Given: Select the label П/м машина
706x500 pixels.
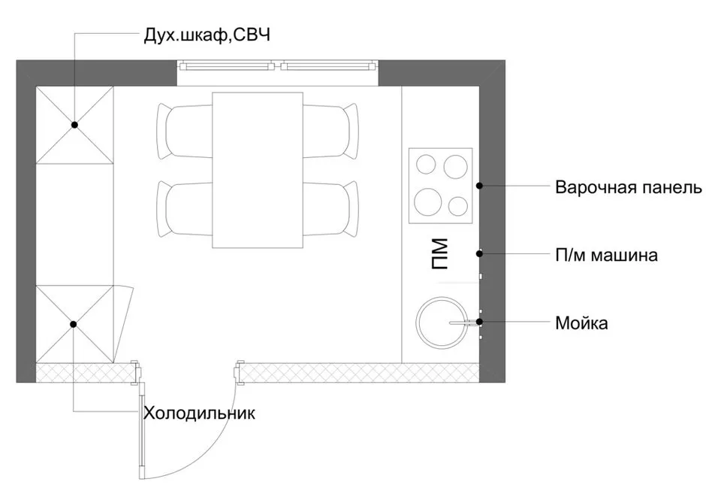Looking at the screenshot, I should pos(607,256).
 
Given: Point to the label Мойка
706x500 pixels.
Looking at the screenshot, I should pos(581,324).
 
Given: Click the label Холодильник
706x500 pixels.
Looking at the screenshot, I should pos(200,413).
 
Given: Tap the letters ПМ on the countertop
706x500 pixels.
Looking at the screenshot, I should pos(441,254).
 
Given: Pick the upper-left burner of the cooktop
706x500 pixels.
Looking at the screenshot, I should pos(426,165).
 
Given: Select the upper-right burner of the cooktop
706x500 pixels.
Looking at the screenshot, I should pos(455,165).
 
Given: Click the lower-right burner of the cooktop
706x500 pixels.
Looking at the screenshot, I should pos(458,205).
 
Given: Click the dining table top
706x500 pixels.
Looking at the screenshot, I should pos(257,170).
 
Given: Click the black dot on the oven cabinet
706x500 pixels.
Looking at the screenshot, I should pos(75,125).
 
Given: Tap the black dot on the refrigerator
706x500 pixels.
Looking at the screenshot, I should pos(74,324).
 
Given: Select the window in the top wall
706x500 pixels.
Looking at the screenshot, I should pos(279,65).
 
